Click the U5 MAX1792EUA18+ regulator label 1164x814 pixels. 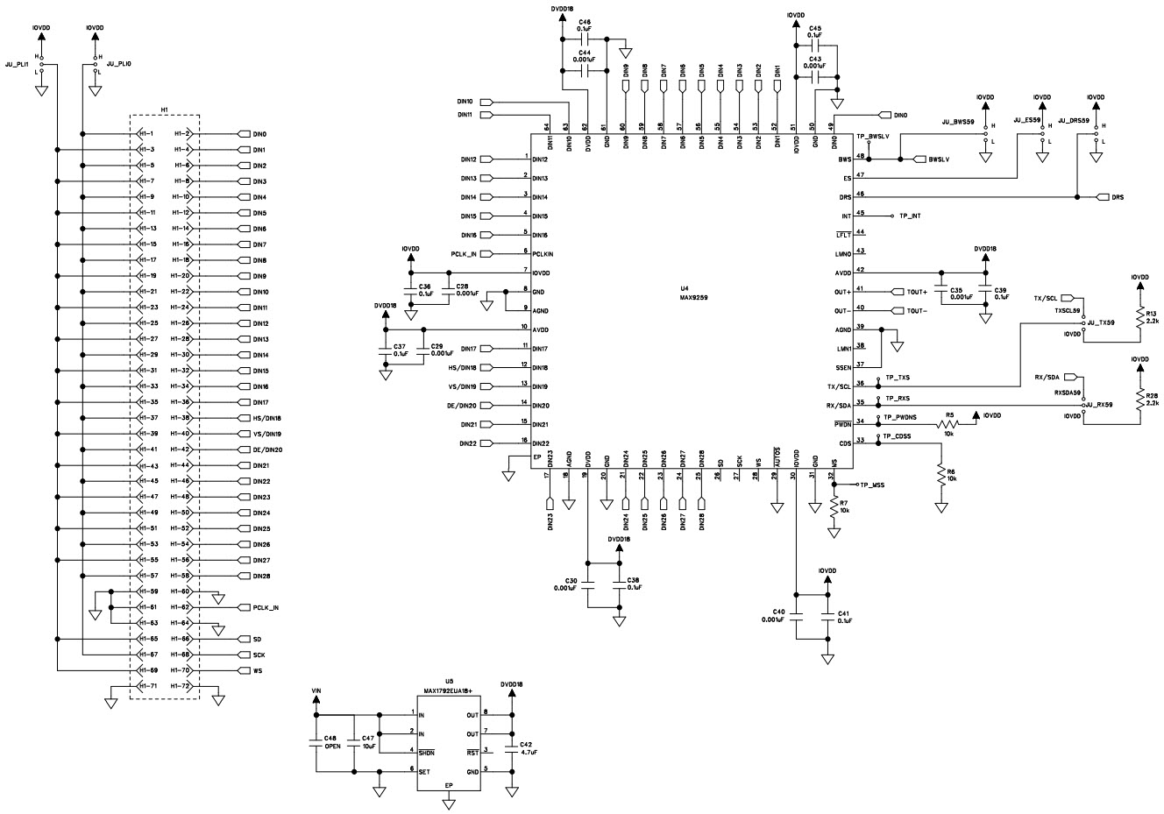click(x=449, y=685)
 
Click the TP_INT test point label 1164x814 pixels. click(x=909, y=216)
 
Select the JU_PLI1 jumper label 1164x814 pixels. click(x=18, y=65)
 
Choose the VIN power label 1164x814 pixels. click(x=316, y=691)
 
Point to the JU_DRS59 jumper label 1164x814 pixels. click(x=1069, y=120)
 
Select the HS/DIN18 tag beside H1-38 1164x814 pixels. click(x=266, y=418)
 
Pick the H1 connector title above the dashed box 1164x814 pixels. click(x=165, y=109)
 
